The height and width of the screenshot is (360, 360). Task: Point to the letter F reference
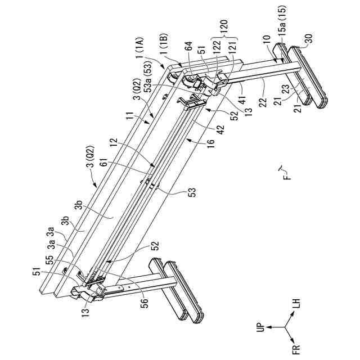286,175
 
